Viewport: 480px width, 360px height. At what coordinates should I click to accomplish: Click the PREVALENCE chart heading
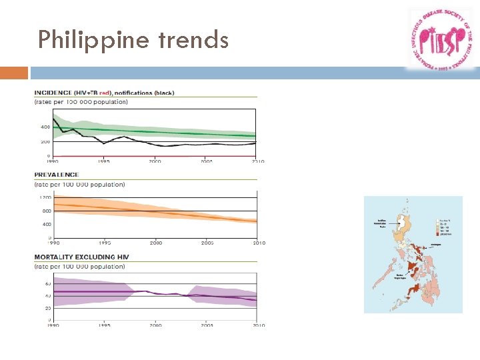click(57, 175)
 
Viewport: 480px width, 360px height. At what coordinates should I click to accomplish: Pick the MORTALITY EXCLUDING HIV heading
click(82, 257)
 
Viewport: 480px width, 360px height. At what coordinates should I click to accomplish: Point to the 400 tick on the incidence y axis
click(45, 127)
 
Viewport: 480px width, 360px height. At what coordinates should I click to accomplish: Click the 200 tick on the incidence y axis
click(45, 141)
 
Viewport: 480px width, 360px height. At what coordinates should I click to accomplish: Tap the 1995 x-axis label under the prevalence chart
click(104, 243)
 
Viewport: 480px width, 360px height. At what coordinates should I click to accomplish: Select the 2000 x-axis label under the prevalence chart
click(155, 243)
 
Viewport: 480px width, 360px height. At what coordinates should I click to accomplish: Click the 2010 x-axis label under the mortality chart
click(259, 325)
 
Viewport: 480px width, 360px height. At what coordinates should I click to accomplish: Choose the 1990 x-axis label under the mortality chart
click(53, 325)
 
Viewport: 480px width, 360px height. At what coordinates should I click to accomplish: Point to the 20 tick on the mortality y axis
click(47, 308)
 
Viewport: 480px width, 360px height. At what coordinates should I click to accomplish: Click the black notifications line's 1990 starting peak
click(54, 119)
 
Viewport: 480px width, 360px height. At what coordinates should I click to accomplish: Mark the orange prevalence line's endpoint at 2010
click(257, 221)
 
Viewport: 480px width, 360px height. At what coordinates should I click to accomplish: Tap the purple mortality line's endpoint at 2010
click(257, 300)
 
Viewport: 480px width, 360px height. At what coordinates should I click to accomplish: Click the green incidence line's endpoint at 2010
click(257, 136)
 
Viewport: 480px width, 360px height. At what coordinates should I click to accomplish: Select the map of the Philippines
click(413, 255)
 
